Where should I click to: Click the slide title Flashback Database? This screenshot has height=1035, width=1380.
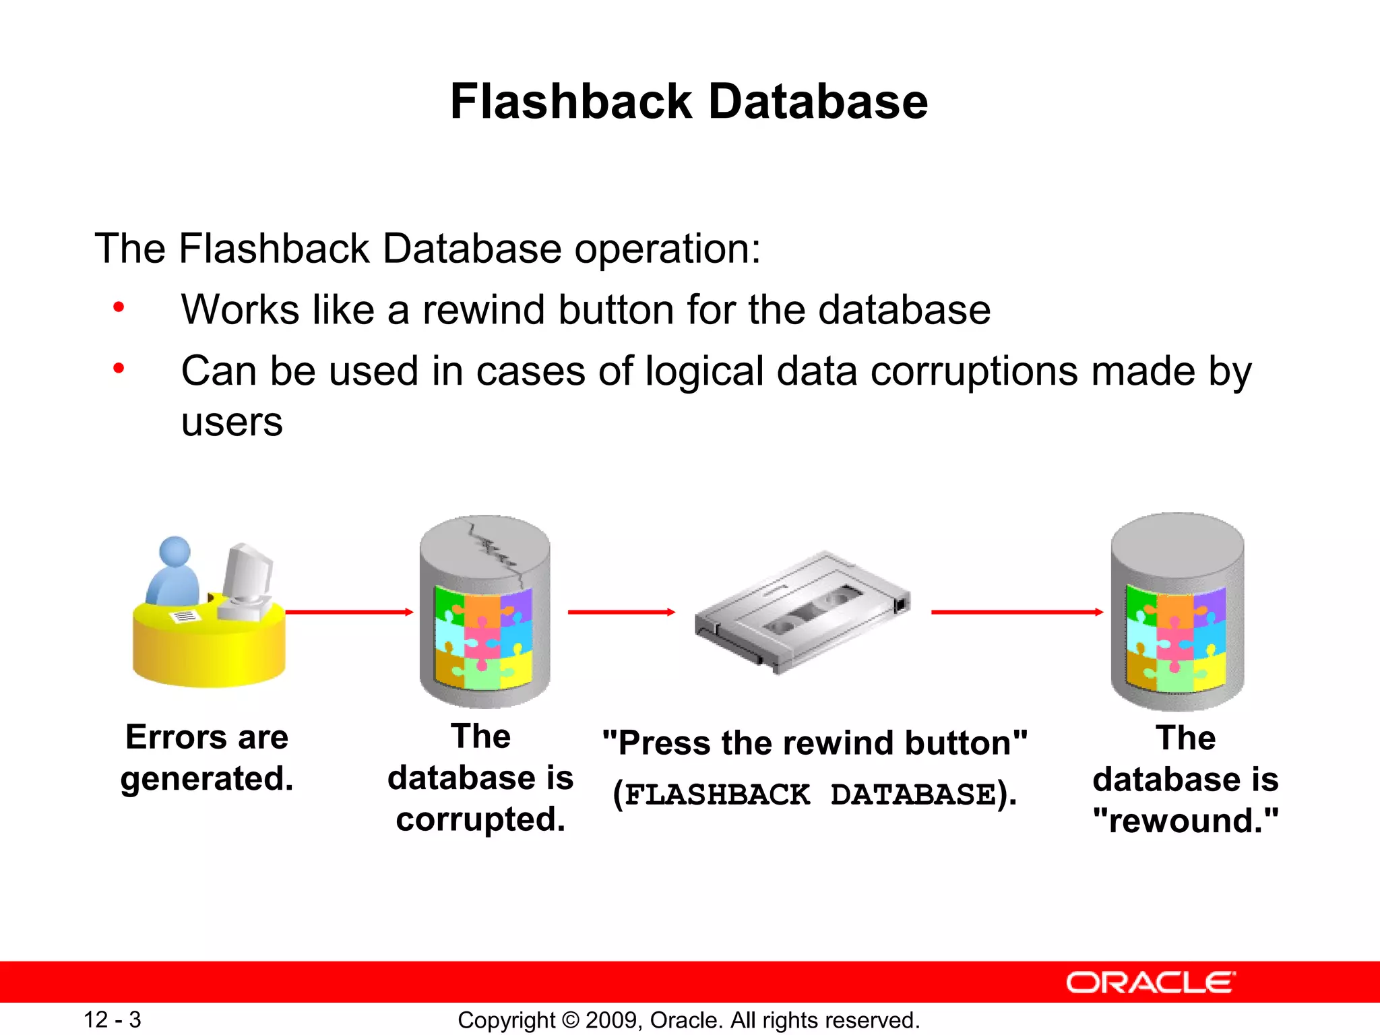pyautogui.click(x=689, y=102)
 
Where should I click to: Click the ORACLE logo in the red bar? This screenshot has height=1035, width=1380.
pyautogui.click(x=1150, y=982)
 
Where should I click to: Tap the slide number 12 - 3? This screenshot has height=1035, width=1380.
pyautogui.click(x=112, y=1020)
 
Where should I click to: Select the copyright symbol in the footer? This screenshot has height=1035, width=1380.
pyautogui.click(x=570, y=1020)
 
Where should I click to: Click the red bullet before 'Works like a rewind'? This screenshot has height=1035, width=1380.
pyautogui.click(x=119, y=308)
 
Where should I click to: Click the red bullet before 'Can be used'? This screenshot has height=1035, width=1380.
pyautogui.click(x=119, y=369)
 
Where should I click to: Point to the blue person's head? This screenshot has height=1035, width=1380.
pyautogui.click(x=175, y=552)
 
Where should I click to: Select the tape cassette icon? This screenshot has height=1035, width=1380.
pyautogui.click(x=802, y=610)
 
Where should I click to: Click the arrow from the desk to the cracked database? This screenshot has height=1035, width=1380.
pyautogui.click(x=349, y=612)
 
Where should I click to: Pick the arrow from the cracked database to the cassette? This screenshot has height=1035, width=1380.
pyautogui.click(x=621, y=612)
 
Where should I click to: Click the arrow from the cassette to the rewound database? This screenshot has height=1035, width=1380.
pyautogui.click(x=1016, y=612)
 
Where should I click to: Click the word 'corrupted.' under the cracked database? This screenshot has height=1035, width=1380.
pyautogui.click(x=480, y=819)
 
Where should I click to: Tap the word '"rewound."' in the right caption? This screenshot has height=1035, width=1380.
pyautogui.click(x=1185, y=821)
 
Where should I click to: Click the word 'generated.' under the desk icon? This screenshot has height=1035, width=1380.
pyautogui.click(x=207, y=779)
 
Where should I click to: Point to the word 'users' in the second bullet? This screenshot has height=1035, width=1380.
pyautogui.click(x=232, y=423)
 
